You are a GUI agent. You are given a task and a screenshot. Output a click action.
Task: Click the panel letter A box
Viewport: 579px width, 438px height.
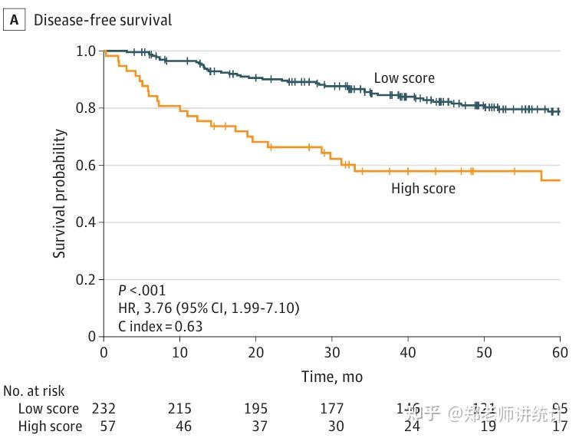click(x=14, y=20)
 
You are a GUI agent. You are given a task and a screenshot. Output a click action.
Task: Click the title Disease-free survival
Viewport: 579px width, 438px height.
click(x=102, y=20)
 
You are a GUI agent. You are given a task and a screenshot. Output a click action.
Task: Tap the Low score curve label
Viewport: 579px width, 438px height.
click(x=403, y=78)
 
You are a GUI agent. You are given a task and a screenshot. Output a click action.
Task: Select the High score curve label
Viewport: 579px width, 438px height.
click(x=423, y=189)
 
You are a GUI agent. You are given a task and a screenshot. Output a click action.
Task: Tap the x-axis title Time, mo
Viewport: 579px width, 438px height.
click(x=331, y=377)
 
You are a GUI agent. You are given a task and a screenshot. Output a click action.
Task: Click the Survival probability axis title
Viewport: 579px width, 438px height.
click(x=60, y=193)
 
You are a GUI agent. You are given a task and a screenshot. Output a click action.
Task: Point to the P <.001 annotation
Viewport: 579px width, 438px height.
click(x=141, y=291)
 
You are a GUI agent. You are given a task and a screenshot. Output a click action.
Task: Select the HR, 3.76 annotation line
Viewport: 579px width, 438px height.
click(x=208, y=308)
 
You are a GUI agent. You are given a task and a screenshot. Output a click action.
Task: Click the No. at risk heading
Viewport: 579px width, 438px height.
click(x=35, y=391)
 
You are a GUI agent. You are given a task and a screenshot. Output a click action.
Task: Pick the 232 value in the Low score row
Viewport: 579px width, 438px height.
click(x=104, y=408)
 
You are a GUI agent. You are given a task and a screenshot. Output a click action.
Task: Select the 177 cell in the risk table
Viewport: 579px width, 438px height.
click(x=331, y=408)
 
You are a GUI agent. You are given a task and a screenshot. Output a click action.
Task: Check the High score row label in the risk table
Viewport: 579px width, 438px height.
click(x=50, y=426)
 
